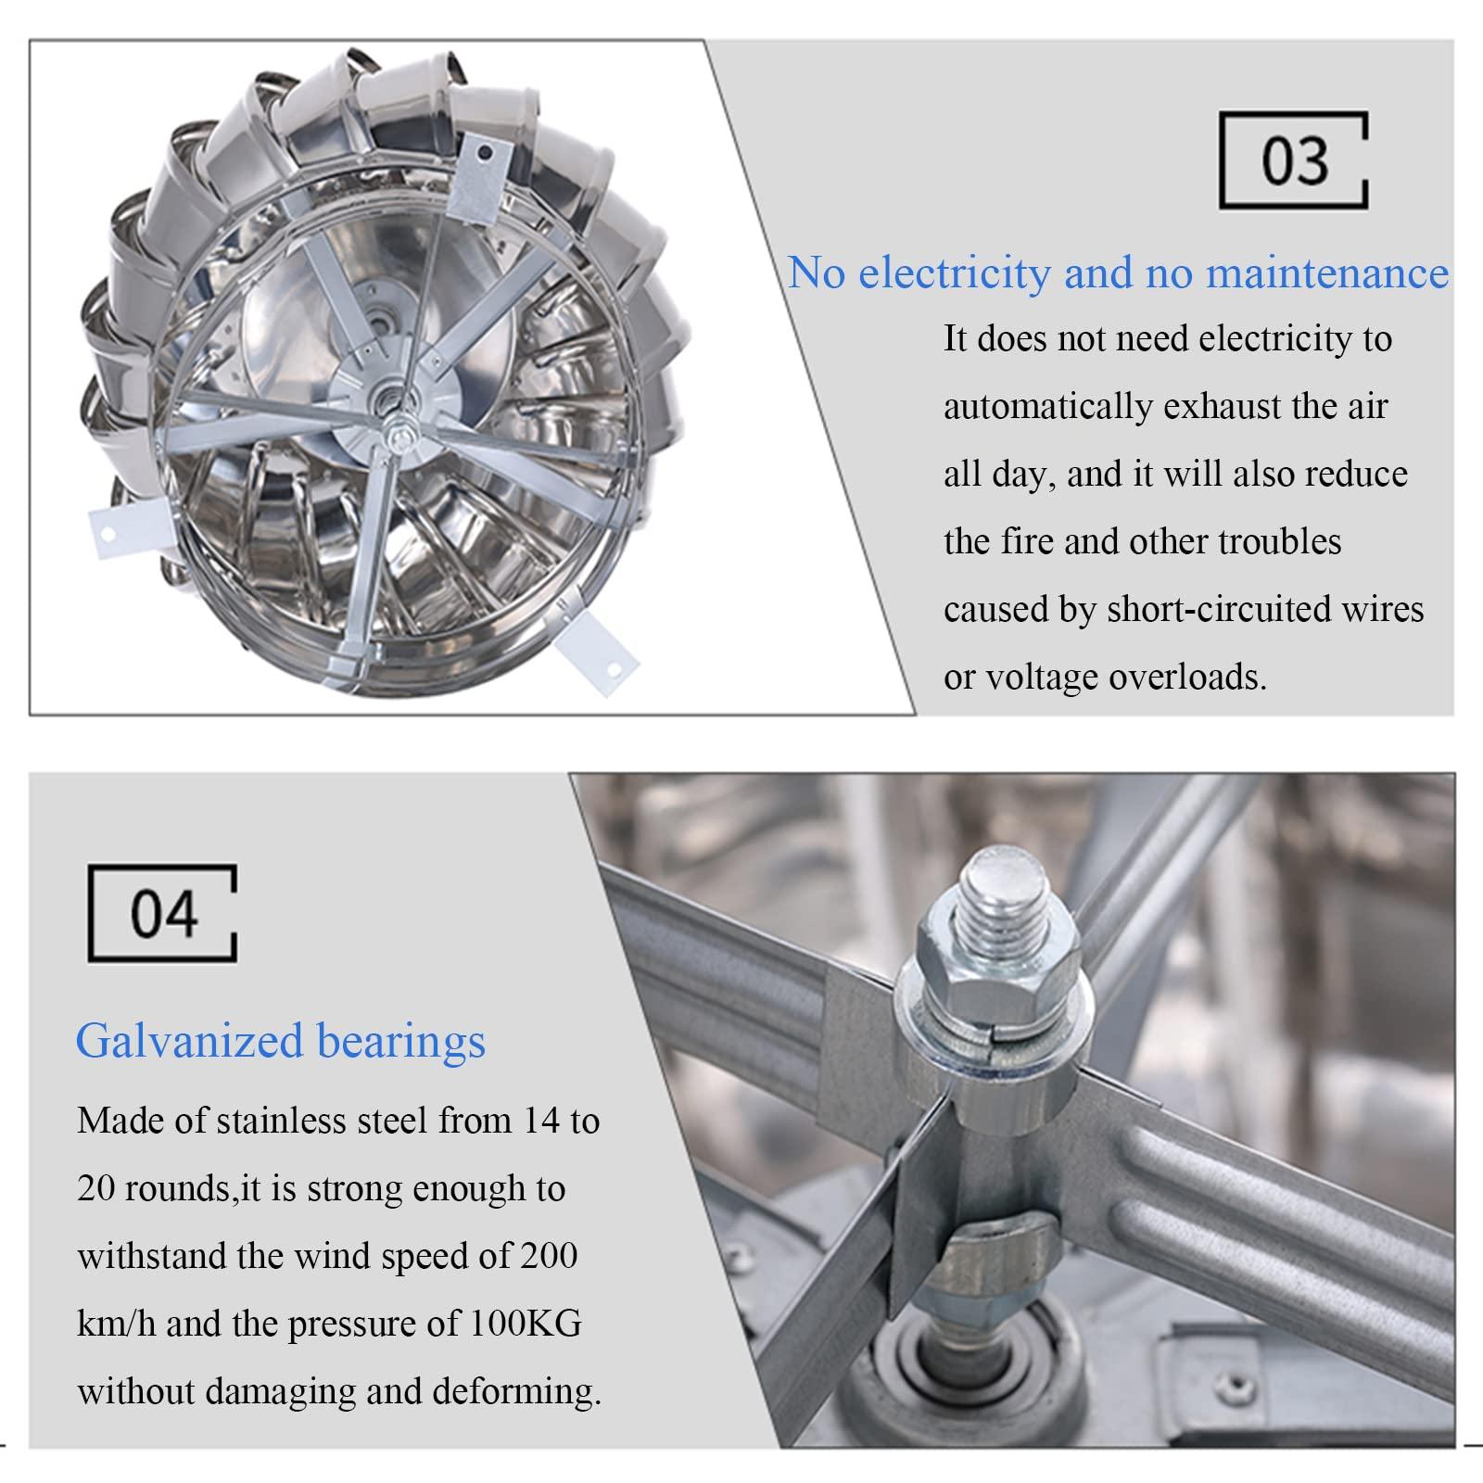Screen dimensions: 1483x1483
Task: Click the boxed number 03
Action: pos(1295,161)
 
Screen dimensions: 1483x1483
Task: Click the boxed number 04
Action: pos(164,915)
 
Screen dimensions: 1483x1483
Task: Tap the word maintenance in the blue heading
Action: pos(1327,273)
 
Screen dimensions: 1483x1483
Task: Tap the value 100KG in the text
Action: pos(526,1324)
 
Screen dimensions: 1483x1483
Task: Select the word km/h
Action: pos(117,1324)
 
